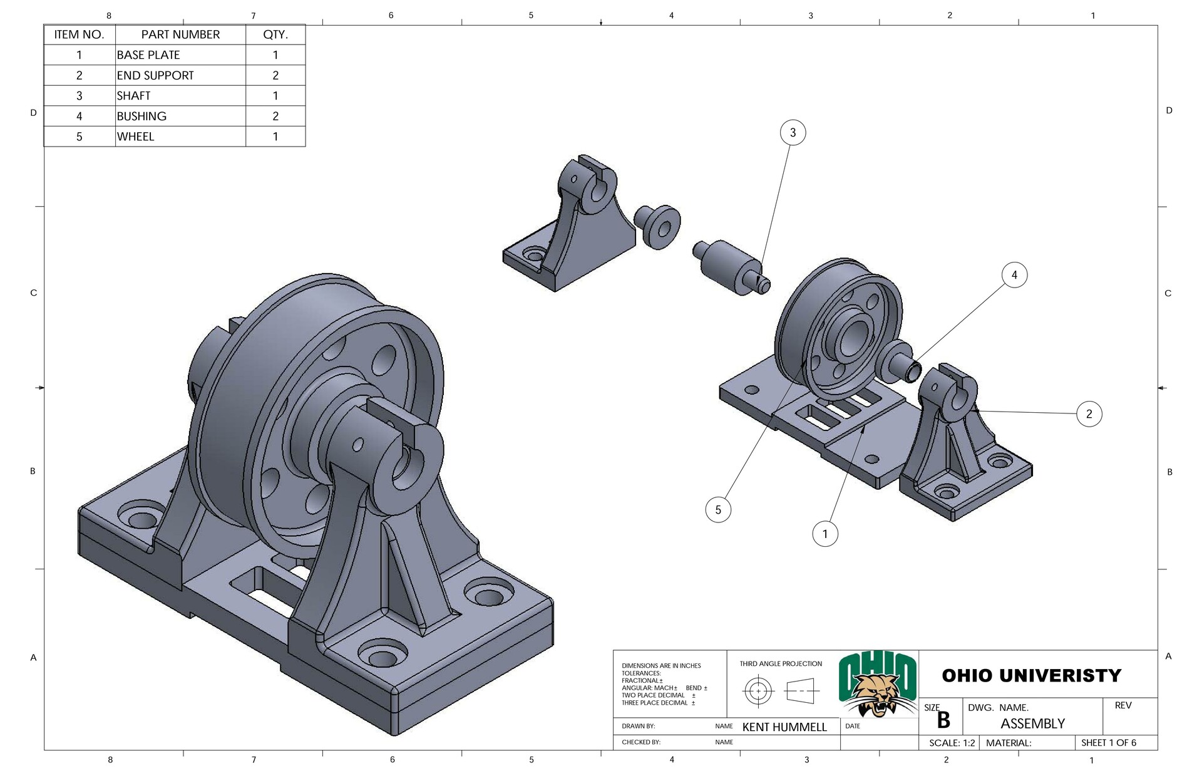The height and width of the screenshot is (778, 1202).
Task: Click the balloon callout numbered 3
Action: coord(793,133)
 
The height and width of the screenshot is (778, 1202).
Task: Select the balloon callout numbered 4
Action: coord(1014,275)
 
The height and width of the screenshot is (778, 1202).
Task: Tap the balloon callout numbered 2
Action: coord(1089,414)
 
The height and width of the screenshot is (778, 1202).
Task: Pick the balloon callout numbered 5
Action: coord(718,510)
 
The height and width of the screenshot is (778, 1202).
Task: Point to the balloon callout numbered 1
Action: coord(824,534)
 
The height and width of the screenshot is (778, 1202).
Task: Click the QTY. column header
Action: coord(275,34)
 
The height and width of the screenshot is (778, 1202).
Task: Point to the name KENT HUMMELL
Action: coord(784,727)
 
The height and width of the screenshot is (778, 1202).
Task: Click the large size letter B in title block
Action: coord(943,721)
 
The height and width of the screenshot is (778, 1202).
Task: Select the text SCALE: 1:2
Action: coord(952,743)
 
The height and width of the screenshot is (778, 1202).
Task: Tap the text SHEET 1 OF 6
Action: coord(1108,743)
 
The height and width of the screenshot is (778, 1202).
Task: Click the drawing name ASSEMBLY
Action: coord(1032,724)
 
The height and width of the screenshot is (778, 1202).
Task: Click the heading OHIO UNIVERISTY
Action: coord(1031,676)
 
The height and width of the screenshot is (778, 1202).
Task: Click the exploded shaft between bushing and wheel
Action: coord(730,268)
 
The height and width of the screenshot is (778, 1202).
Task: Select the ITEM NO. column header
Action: coord(80,34)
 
